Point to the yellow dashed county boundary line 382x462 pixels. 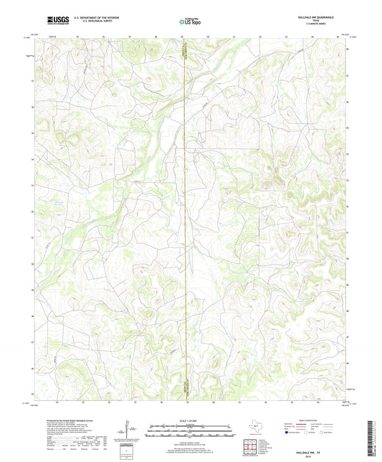pyautogui.click(x=184, y=215)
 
